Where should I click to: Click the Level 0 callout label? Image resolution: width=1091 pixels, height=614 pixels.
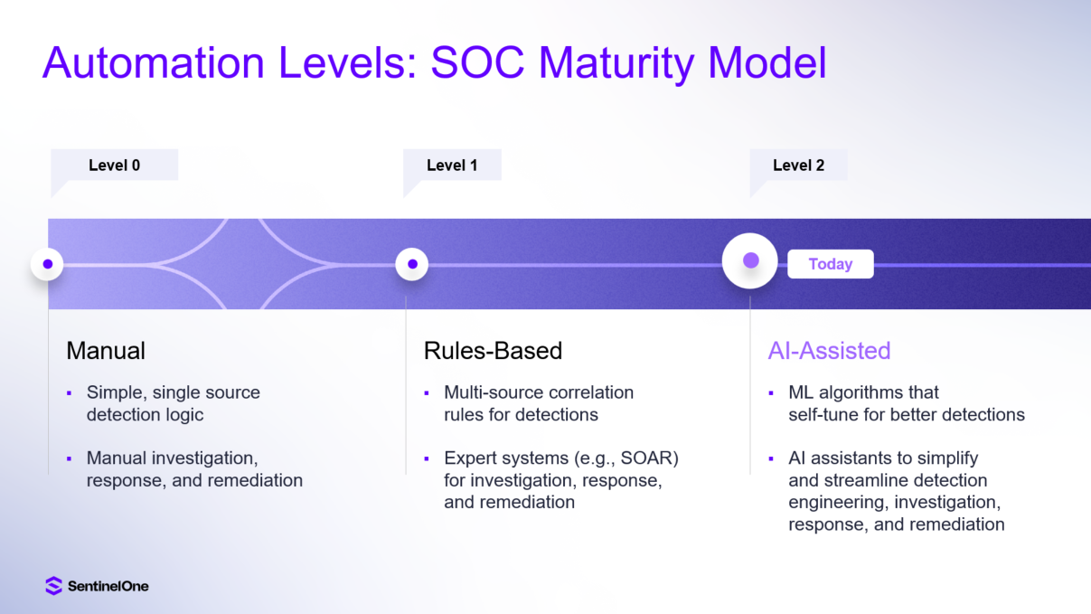pos(115,165)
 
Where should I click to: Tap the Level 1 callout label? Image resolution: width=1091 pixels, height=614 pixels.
pos(452,165)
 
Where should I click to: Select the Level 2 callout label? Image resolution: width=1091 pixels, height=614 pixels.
pos(799,165)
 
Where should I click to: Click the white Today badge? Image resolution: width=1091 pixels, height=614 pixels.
pos(831,264)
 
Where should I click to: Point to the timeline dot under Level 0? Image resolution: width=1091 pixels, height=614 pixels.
pos(47,264)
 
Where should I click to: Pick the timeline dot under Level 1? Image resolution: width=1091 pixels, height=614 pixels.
pos(412,264)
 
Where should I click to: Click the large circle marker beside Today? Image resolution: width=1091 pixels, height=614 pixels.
pos(750,260)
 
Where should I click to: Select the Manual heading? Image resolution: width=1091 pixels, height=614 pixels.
pos(106,350)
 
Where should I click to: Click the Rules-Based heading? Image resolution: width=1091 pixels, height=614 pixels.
pos(493,350)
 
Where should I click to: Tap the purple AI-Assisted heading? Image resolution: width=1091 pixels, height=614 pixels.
pos(830,350)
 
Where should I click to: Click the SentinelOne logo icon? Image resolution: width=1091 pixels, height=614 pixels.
pos(53,586)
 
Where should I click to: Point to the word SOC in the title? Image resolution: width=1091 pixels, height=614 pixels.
pos(477,62)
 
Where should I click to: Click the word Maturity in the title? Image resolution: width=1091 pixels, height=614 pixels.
pos(616,64)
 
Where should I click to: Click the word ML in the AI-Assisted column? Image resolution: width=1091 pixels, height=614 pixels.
pos(801,392)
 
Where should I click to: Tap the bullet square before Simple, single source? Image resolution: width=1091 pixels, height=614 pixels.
pos(70,392)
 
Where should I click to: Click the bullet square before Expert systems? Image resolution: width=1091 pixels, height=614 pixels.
pos(427,458)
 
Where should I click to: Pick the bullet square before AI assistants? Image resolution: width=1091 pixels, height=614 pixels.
pos(771,458)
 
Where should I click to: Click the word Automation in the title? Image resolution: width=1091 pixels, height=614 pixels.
pos(154,62)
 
